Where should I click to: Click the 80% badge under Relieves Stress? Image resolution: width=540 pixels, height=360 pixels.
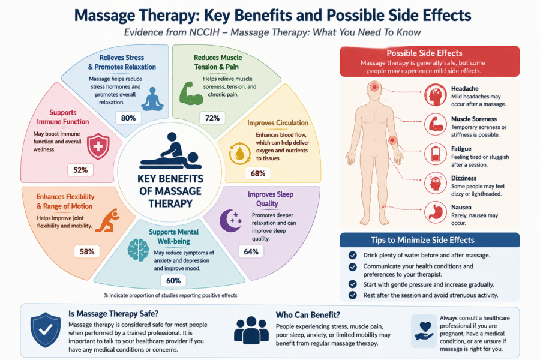tap(128, 118)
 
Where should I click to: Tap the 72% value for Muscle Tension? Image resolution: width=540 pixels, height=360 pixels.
tap(212, 118)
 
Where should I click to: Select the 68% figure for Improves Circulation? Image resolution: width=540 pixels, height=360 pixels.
tap(257, 173)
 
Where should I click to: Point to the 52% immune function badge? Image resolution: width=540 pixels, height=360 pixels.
tap(80, 170)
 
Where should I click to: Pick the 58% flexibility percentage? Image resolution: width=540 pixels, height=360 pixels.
tap(87, 251)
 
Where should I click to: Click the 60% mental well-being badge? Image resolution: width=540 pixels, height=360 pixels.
tap(173, 280)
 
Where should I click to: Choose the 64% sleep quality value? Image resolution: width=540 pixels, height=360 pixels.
tap(251, 251)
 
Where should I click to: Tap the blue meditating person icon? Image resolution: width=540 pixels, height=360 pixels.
tap(152, 99)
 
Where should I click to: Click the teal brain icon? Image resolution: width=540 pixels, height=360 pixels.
tap(138, 250)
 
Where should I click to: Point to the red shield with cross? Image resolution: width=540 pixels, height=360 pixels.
tap(98, 146)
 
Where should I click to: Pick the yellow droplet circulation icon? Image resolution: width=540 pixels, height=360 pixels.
tap(239, 154)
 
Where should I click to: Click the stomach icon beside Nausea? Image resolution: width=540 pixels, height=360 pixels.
tap(436, 212)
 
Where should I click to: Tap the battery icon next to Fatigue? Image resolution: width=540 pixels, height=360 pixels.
tap(436, 154)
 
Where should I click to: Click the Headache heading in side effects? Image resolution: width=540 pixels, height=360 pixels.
tap(465, 89)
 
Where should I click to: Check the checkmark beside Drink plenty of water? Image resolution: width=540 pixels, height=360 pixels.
tap(353, 255)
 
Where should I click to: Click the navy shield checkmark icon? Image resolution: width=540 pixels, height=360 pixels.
tap(46, 330)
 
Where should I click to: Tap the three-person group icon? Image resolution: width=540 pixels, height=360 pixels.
tap(251, 330)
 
